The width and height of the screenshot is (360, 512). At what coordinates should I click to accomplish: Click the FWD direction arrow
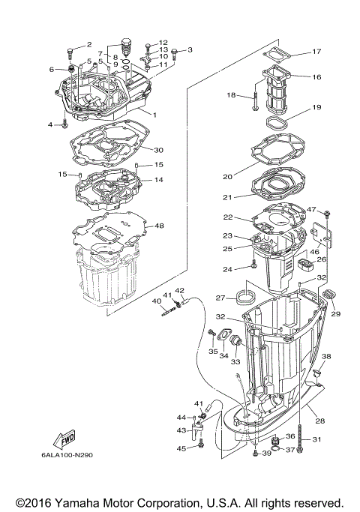click(x=64, y=438)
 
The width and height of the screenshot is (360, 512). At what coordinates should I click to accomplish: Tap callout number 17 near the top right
click(x=316, y=52)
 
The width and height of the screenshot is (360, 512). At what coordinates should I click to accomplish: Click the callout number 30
click(x=158, y=149)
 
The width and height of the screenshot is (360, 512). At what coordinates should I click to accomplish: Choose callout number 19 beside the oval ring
click(x=316, y=107)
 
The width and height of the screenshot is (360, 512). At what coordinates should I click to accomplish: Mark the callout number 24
click(x=247, y=268)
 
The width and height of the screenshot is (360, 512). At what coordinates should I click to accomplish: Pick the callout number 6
click(x=53, y=69)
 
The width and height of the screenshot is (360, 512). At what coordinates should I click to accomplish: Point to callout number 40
click(x=157, y=301)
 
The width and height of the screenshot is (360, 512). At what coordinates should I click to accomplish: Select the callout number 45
click(x=181, y=448)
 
